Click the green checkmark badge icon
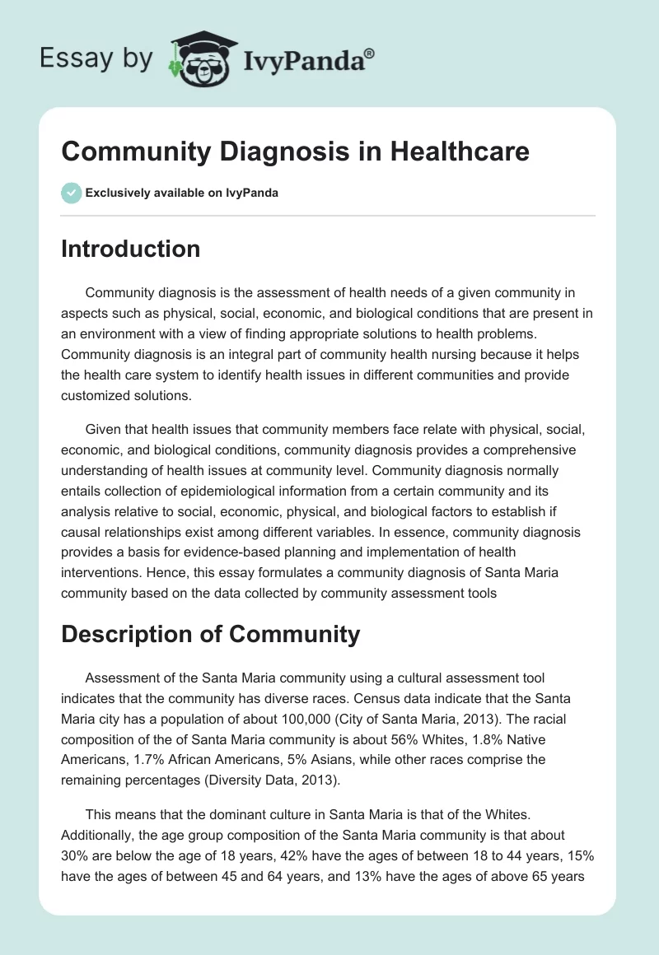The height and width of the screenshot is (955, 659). [70, 193]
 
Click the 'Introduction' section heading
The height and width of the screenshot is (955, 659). [130, 249]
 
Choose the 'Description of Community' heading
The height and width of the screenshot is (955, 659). [210, 634]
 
